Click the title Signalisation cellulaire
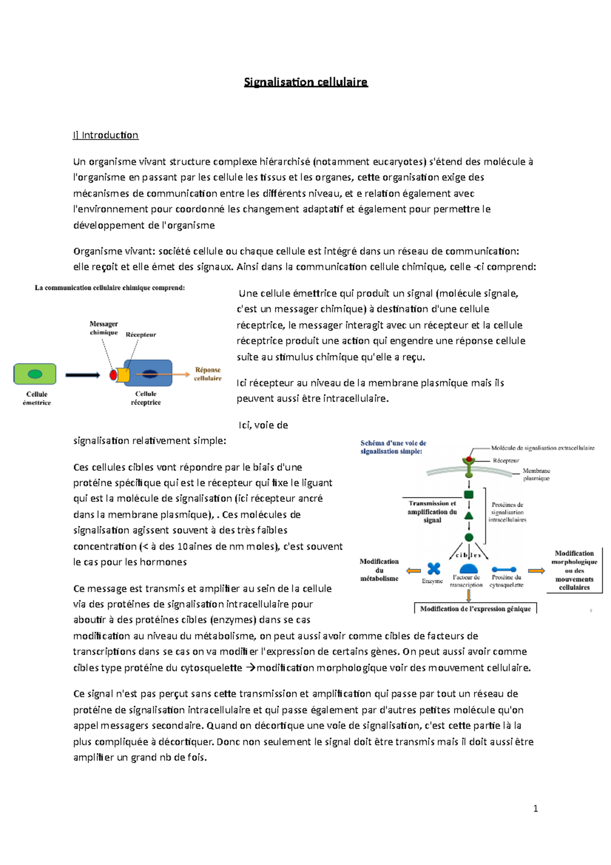click(x=305, y=82)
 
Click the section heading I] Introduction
click(x=105, y=135)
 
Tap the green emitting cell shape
click(x=35, y=374)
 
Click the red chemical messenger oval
click(x=113, y=375)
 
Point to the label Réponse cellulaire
click(x=208, y=374)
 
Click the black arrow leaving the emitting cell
click(x=82, y=375)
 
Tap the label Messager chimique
click(x=103, y=328)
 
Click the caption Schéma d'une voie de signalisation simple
click(x=393, y=447)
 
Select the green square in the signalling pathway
click(x=469, y=494)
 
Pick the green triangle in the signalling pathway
click(x=469, y=516)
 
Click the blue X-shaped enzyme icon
click(x=434, y=569)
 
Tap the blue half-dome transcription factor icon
click(x=468, y=569)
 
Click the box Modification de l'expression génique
click(x=475, y=609)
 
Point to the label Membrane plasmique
click(x=536, y=474)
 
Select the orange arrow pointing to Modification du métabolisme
click(x=413, y=571)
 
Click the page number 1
click(x=535, y=808)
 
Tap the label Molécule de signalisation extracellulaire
click(x=542, y=448)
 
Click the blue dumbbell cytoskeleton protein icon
click(x=504, y=570)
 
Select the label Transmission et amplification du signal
click(x=432, y=511)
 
